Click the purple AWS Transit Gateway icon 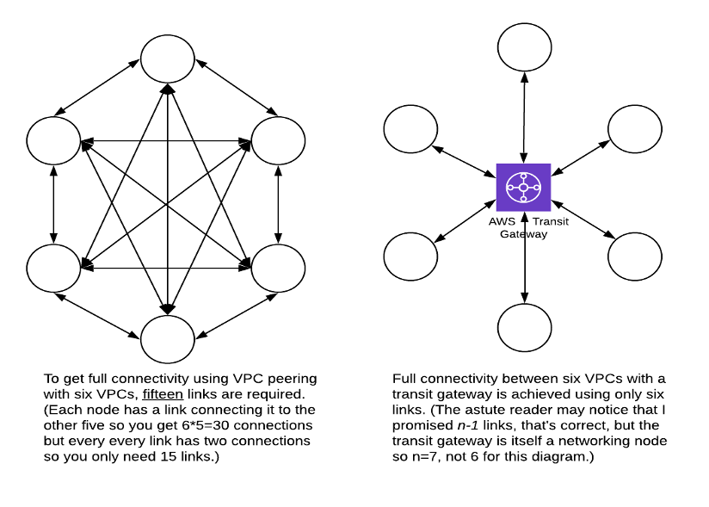pos(524,187)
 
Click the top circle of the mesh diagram pos(168,58)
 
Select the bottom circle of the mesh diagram pos(168,338)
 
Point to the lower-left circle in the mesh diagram pos(53,268)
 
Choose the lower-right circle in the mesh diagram pos(277,268)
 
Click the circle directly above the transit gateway pos(524,45)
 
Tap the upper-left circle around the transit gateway pos(410,128)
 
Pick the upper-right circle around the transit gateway pos(635,128)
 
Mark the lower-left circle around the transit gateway pos(410,257)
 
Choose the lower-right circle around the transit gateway pos(635,257)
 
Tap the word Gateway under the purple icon pos(523,234)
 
